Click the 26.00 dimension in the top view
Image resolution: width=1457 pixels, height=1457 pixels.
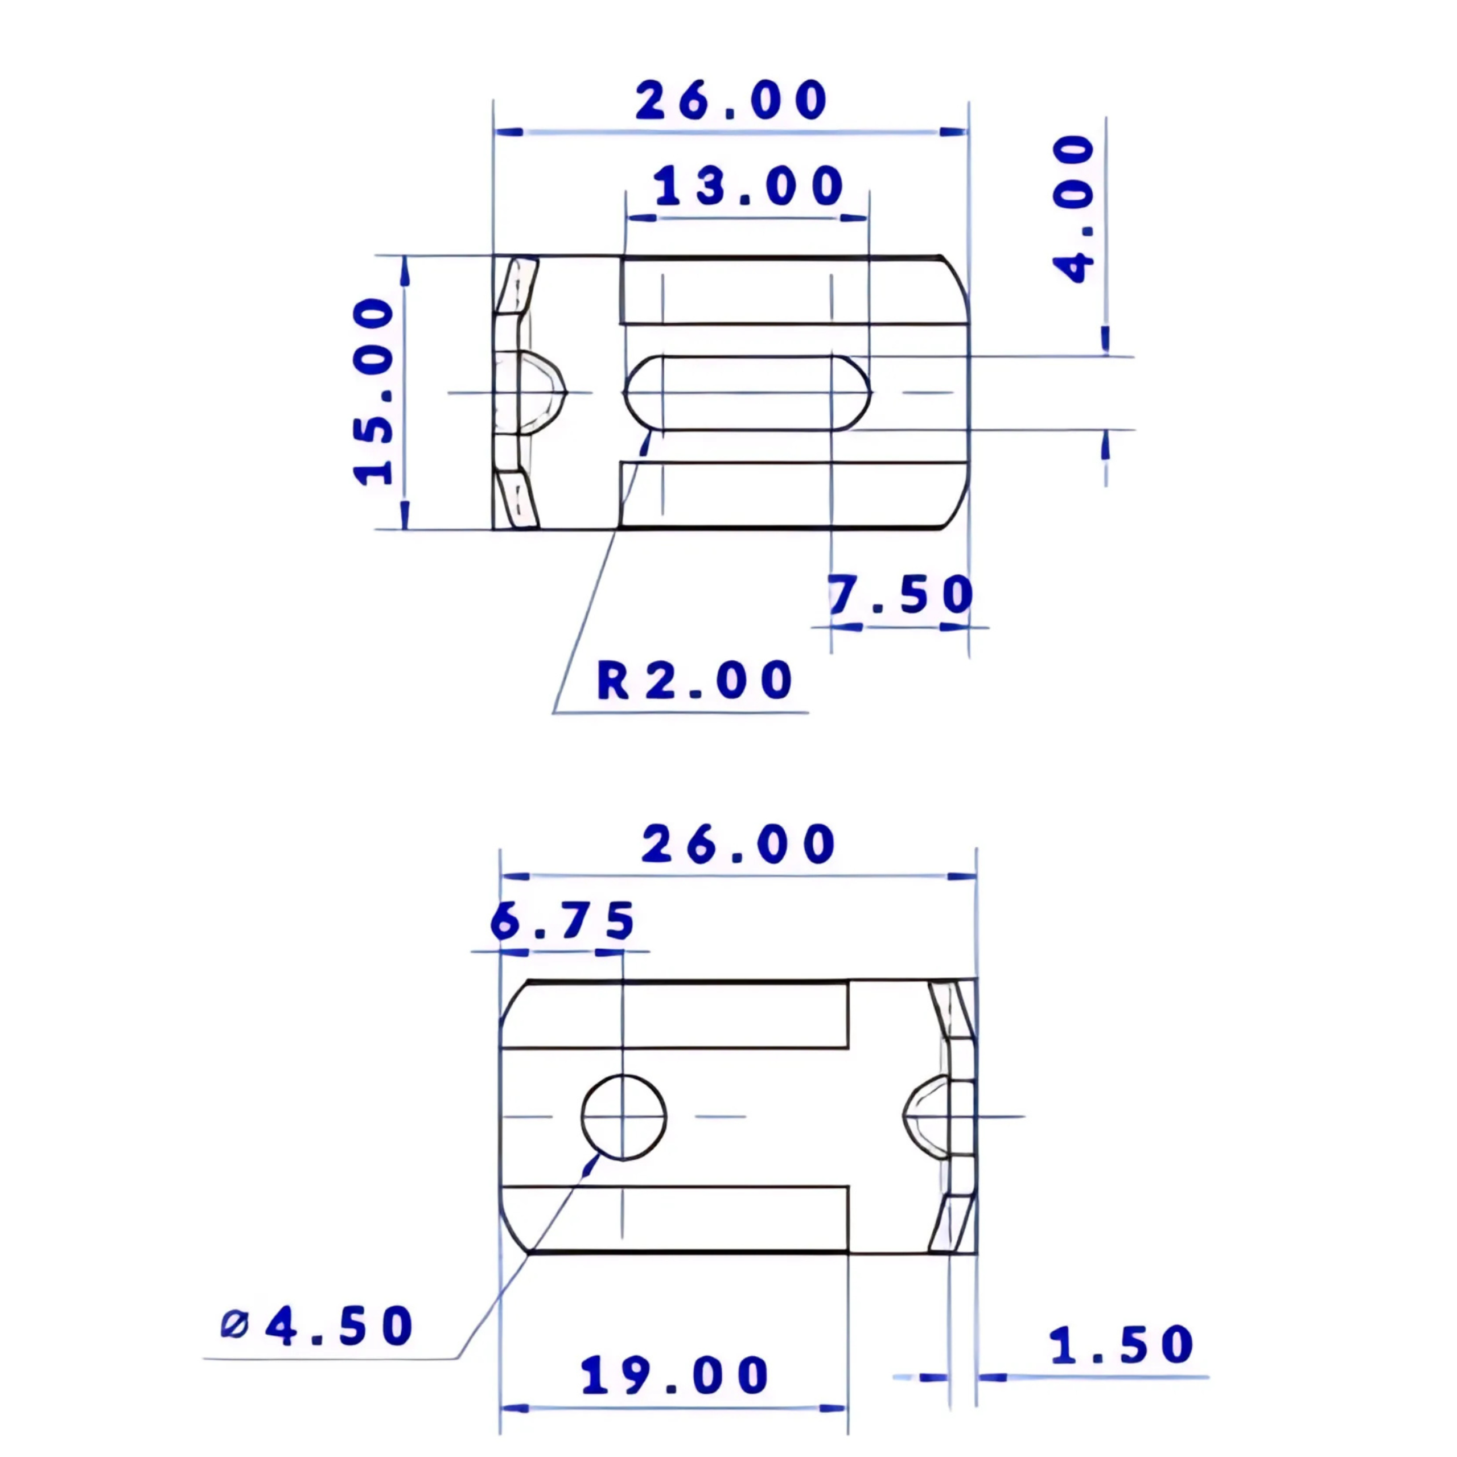coord(731,100)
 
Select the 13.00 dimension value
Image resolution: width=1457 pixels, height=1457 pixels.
coord(747,186)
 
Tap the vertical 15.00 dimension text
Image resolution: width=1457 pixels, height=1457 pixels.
coord(374,392)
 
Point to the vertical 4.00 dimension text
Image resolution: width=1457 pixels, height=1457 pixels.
coord(1073,209)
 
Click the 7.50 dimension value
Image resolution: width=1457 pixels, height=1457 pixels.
coord(900,594)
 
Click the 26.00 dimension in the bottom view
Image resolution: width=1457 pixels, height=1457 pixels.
coord(738,844)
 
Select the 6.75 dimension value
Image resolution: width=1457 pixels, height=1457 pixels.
coord(562,920)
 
